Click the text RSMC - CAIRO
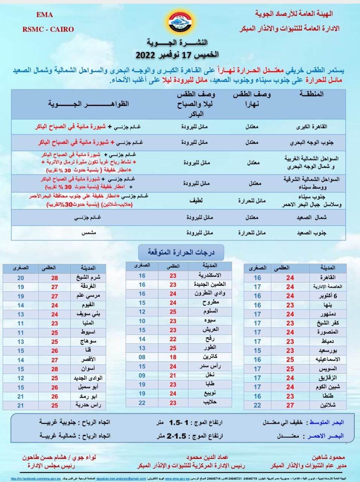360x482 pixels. coord(48,29)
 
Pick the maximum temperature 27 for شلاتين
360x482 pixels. coord(290,405)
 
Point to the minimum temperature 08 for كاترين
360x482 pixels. coord(142,357)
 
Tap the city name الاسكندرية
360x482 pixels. coord(210,276)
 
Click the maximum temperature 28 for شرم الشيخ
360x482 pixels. coord(55,278)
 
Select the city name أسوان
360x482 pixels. coord(88,369)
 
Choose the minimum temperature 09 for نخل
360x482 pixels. coord(142,375)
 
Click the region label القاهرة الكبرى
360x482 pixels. coord(312,127)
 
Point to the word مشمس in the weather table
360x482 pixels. coord(89,233)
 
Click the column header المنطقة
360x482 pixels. coord(311,94)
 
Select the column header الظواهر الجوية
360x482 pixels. coord(88,104)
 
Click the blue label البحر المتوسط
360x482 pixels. coord(326,423)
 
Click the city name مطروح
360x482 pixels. coord(211,302)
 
